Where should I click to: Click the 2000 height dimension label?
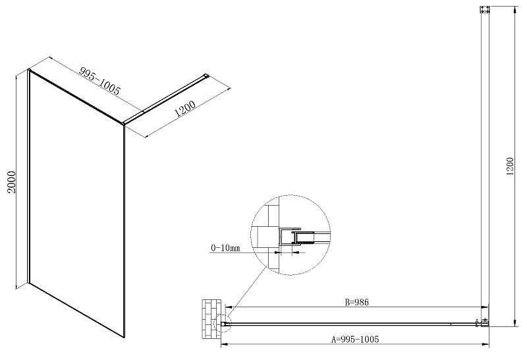click(x=12, y=182)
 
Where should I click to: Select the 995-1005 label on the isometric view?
click(x=99, y=80)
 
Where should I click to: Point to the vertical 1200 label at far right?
click(x=511, y=166)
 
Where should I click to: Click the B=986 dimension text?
click(x=356, y=302)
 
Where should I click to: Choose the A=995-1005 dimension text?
click(x=355, y=339)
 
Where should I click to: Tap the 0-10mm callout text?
click(x=225, y=248)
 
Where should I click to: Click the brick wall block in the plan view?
click(x=211, y=318)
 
